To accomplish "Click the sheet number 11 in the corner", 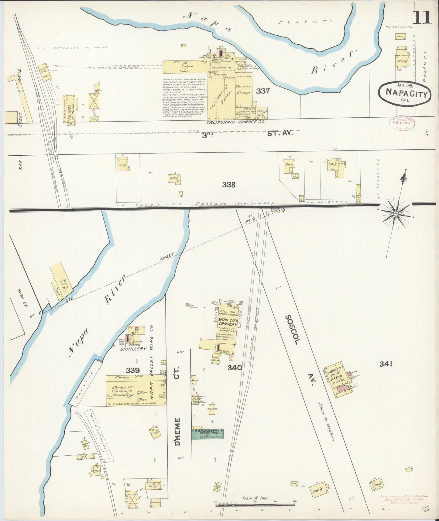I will click(x=422, y=16).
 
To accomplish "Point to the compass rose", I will click(x=396, y=214).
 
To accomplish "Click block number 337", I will click(x=262, y=91).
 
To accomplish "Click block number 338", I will click(x=228, y=185).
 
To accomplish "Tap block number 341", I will click(x=386, y=364).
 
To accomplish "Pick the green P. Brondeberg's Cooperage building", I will click(x=208, y=434).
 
